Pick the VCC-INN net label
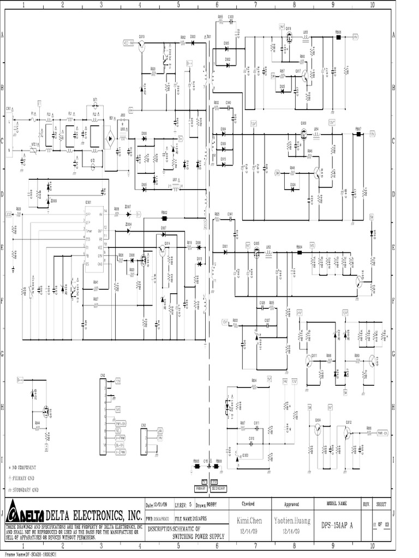pyautogui.click(x=129, y=44)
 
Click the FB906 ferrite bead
pyautogui.click(x=338, y=38)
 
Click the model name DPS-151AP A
pyautogui.click(x=338, y=522)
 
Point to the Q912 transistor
pyautogui.click(x=350, y=428)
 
